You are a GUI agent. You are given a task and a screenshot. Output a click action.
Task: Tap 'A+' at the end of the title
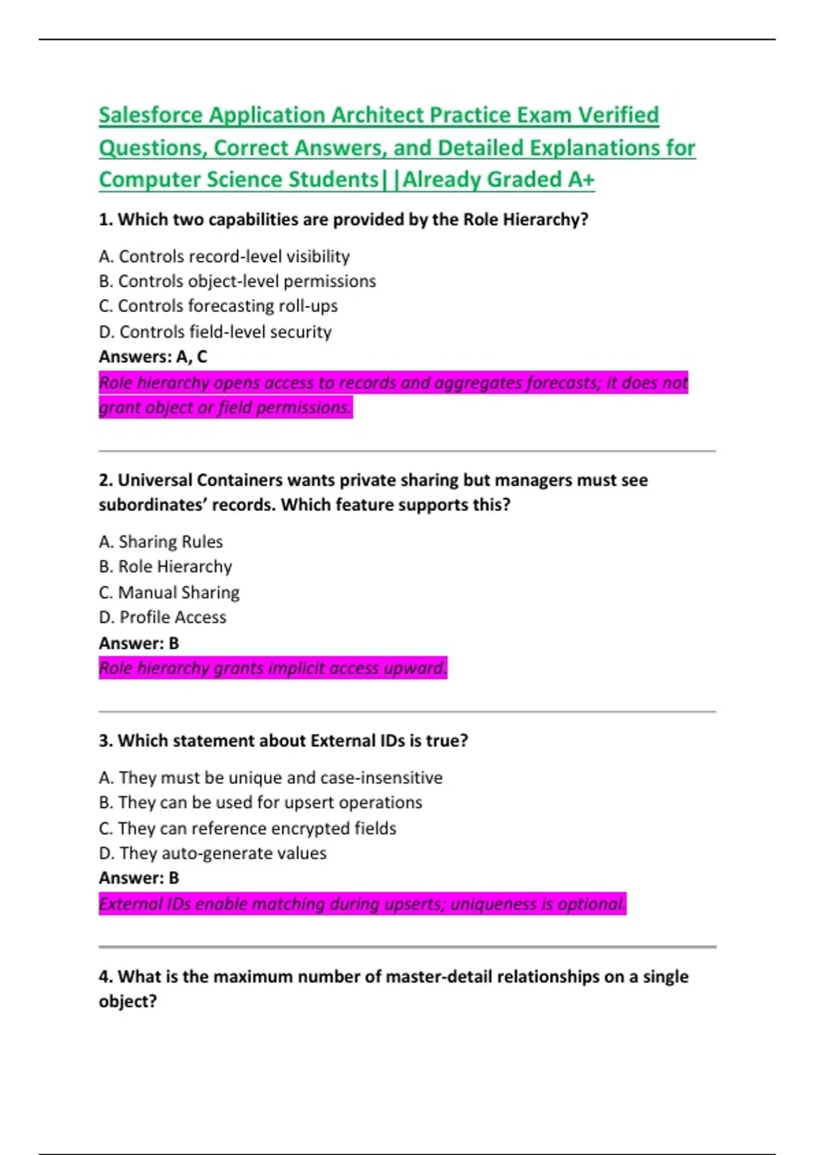[581, 180]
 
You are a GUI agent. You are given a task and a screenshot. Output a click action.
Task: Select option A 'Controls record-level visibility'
[224, 257]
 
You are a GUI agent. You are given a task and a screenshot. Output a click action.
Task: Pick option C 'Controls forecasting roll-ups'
[218, 306]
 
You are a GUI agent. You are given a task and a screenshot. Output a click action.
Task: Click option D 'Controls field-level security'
[215, 332]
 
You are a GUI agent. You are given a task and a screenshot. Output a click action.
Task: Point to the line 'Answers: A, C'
[153, 357]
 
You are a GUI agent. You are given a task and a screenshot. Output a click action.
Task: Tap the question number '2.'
[106, 480]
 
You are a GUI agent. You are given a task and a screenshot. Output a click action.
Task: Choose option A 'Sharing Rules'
[161, 542]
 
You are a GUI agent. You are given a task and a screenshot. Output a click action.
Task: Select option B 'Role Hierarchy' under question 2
[166, 567]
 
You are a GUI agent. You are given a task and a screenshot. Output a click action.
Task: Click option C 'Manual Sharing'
[169, 593]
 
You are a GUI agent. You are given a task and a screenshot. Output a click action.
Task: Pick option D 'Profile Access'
[163, 618]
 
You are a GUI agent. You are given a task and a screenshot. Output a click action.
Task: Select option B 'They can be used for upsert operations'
[261, 803]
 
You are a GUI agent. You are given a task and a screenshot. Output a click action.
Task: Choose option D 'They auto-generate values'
[213, 853]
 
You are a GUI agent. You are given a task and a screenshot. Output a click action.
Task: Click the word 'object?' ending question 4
[128, 1002]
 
